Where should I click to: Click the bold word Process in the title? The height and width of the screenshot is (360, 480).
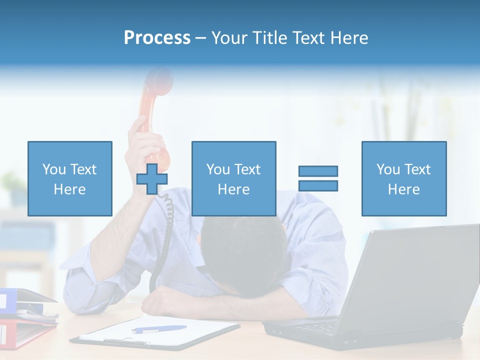pyautogui.click(x=157, y=37)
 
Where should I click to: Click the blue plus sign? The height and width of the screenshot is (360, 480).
pyautogui.click(x=152, y=179)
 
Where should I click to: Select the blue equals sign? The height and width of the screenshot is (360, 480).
pyautogui.click(x=318, y=178)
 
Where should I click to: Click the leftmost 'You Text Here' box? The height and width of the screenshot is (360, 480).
pyautogui.click(x=69, y=178)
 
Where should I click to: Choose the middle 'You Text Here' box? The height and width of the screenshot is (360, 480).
pyautogui.click(x=233, y=178)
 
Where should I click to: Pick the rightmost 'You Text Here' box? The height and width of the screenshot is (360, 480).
pyautogui.click(x=403, y=178)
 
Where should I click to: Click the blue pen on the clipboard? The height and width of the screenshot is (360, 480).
pyautogui.click(x=159, y=329)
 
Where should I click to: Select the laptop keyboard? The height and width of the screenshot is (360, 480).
pyautogui.click(x=320, y=327)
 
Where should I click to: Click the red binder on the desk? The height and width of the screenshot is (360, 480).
pyautogui.click(x=20, y=332)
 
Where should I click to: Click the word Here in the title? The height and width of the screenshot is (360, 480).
pyautogui.click(x=349, y=37)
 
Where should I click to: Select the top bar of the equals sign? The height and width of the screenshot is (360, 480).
pyautogui.click(x=318, y=171)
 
